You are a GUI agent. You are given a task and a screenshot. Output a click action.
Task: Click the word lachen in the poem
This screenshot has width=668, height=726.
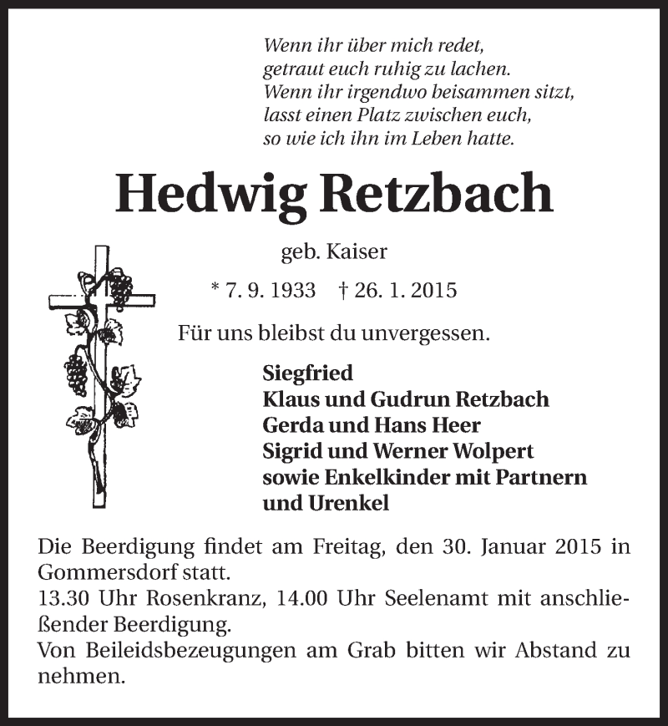pyautogui.click(x=481, y=69)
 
